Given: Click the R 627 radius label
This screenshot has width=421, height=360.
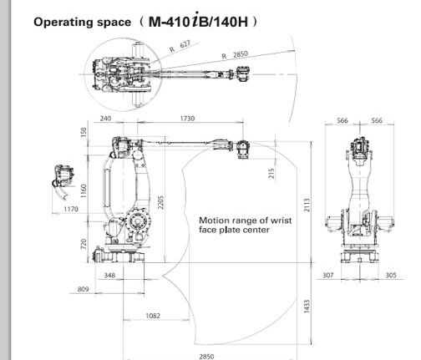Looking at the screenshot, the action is pyautogui.click(x=180, y=46).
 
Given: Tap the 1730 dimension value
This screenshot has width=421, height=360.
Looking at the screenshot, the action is pyautogui.click(x=187, y=119).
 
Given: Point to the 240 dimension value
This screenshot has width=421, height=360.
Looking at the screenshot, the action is pyautogui.click(x=105, y=119).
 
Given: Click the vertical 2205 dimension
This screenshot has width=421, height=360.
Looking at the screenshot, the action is pyautogui.click(x=161, y=202).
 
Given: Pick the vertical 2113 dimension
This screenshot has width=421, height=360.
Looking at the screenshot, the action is pyautogui.click(x=307, y=205).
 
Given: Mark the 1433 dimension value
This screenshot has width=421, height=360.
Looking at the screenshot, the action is pyautogui.click(x=307, y=307).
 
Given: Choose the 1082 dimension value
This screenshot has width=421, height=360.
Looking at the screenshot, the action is pyautogui.click(x=153, y=316).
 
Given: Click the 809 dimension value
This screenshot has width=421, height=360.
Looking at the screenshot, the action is pyautogui.click(x=83, y=289).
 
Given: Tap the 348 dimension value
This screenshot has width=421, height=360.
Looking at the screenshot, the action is pyautogui.click(x=109, y=275).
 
